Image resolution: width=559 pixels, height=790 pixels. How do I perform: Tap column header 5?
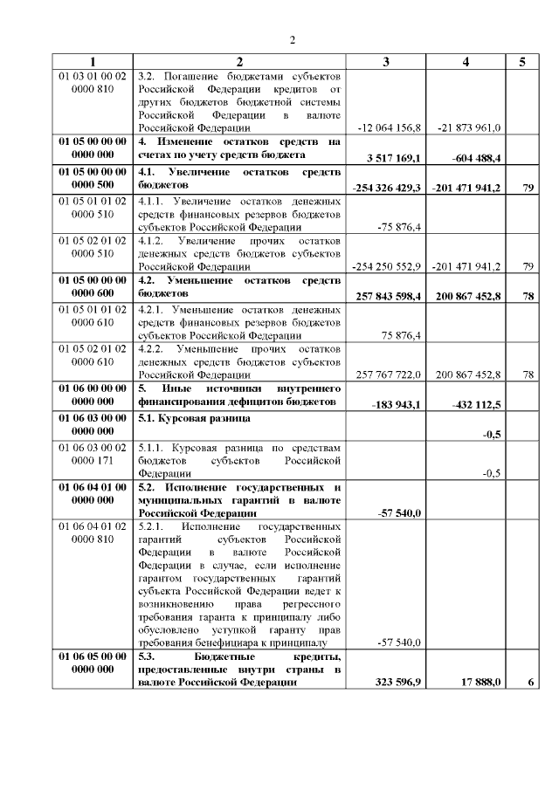(x=522, y=62)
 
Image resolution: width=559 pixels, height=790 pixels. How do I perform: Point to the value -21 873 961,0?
(x=469, y=127)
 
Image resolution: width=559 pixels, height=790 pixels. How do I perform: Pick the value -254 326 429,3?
(x=387, y=188)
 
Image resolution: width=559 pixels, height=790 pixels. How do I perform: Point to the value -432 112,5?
(x=478, y=405)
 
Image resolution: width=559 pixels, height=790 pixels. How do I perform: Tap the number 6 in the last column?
(x=530, y=682)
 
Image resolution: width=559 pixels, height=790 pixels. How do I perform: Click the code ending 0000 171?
(x=93, y=460)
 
